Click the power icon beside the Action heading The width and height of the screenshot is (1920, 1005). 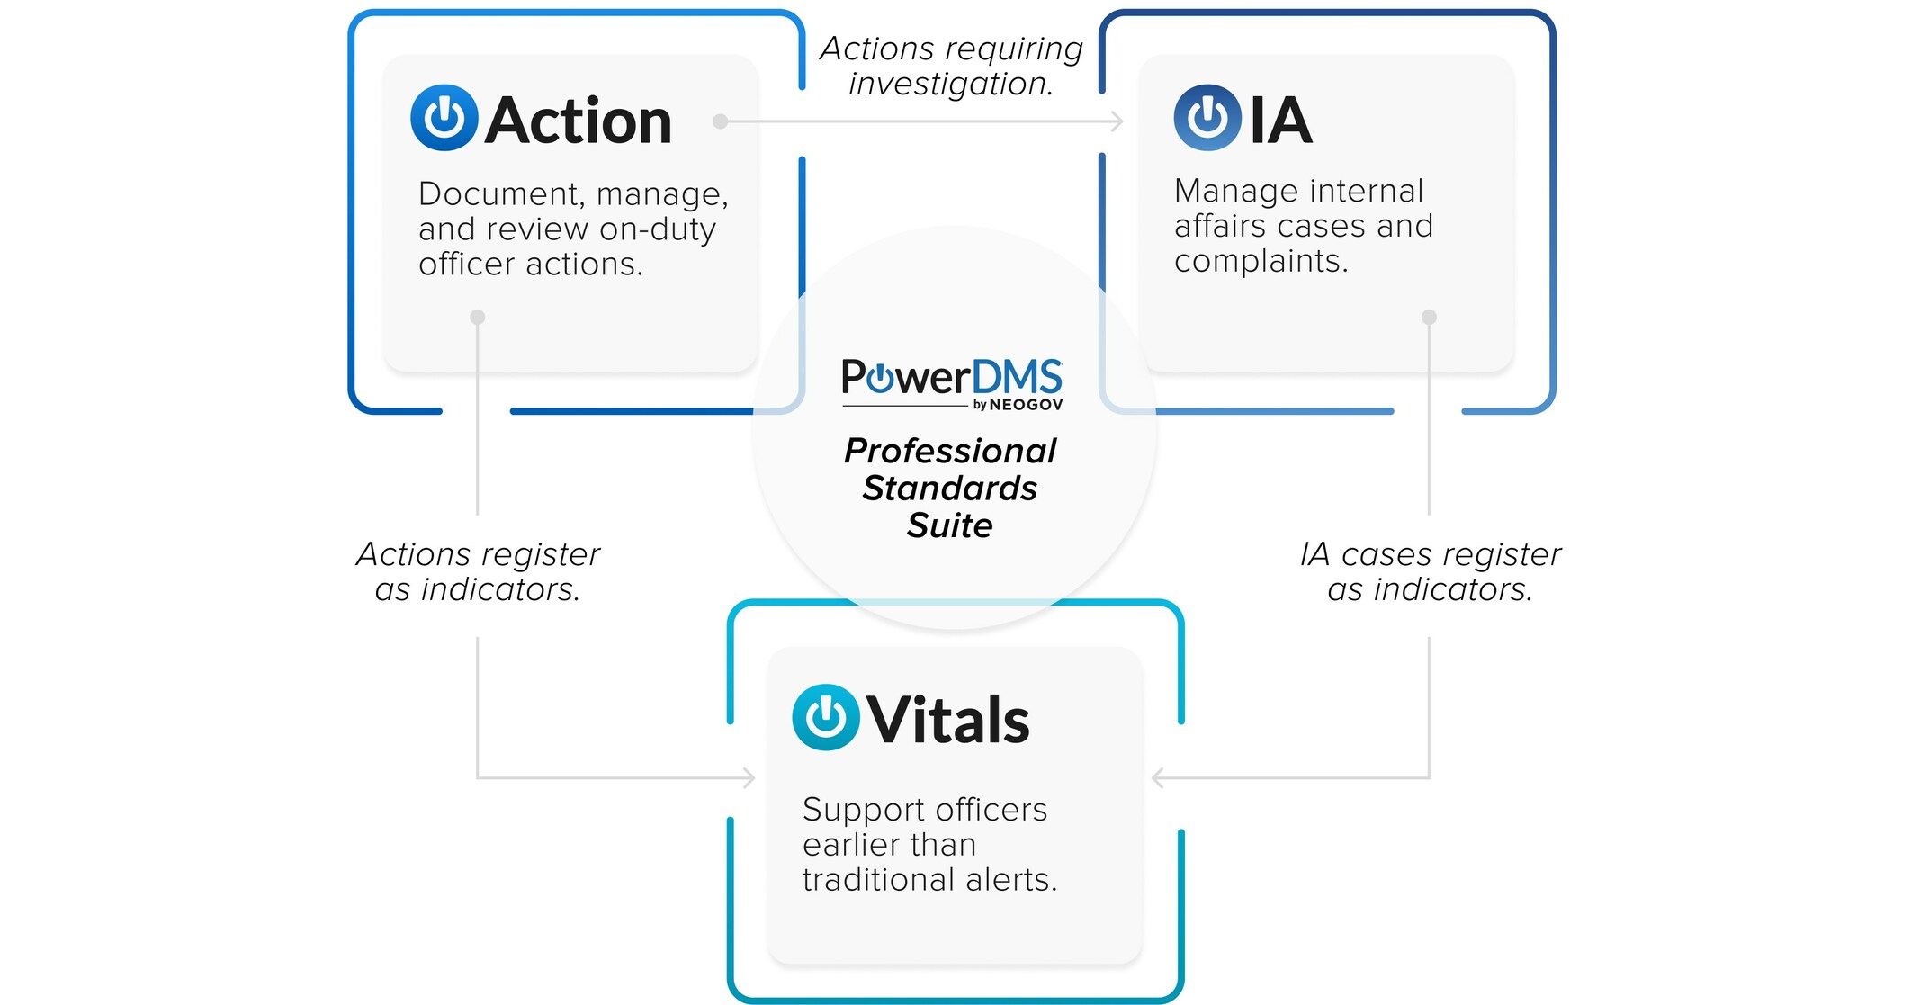point(444,118)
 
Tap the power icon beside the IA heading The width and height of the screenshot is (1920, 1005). point(1207,118)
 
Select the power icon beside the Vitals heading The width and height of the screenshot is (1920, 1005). point(825,717)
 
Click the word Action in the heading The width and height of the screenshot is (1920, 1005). point(579,121)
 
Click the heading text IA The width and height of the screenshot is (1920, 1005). point(1280,121)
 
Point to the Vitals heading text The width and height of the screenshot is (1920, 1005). point(948,721)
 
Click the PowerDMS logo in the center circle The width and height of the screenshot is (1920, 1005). point(951,378)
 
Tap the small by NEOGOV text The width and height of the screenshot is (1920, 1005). point(1018,406)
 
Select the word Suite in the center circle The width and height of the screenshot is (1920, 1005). point(949,525)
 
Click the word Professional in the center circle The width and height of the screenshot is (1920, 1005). point(949,451)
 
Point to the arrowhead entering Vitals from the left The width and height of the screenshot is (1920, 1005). point(749,777)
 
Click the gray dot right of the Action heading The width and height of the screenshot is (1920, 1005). point(720,121)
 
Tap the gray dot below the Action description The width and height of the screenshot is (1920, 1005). point(478,317)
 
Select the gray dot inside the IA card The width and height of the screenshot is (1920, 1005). point(1429,317)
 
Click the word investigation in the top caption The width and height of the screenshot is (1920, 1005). point(949,85)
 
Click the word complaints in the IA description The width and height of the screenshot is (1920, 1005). point(1260,262)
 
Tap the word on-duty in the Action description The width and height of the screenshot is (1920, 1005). point(657,230)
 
